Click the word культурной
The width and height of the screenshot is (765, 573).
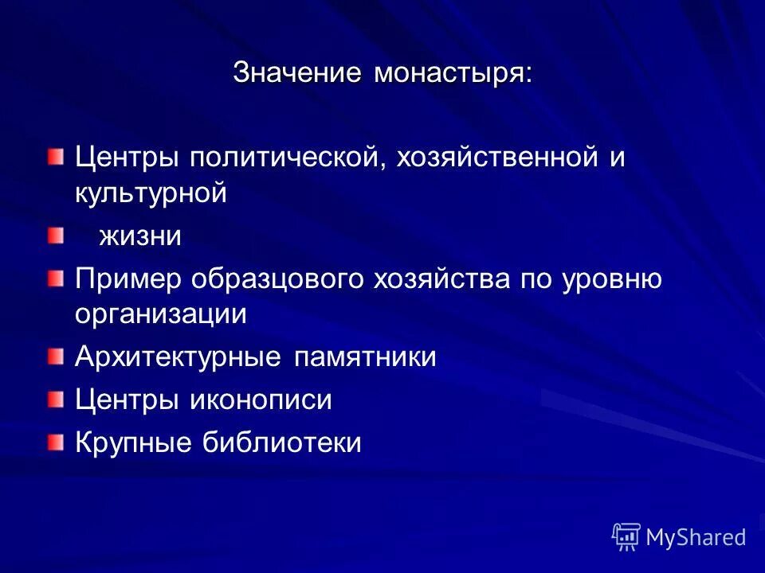coord(152,193)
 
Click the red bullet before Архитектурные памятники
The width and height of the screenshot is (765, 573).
coord(53,355)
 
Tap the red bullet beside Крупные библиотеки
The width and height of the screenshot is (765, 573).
coord(53,440)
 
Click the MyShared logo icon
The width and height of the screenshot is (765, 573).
coord(626,536)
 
